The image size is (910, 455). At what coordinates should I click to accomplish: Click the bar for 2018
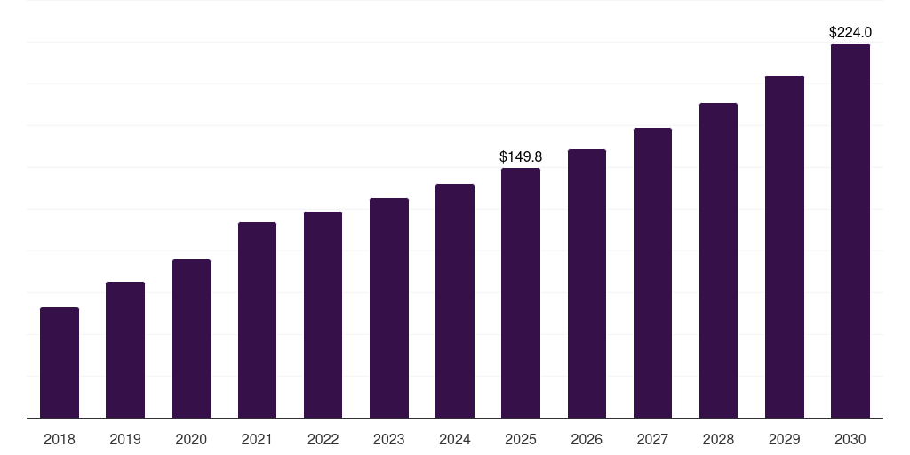click(60, 363)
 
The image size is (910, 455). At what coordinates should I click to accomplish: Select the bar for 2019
click(125, 350)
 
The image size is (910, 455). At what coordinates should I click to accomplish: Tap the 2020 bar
click(192, 339)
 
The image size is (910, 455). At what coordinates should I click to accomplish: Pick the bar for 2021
click(257, 320)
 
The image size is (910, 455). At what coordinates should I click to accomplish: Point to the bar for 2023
click(389, 308)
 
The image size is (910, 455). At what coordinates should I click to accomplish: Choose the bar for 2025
click(521, 293)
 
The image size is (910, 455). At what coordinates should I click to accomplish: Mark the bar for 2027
click(652, 273)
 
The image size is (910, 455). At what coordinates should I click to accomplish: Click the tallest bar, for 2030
click(850, 231)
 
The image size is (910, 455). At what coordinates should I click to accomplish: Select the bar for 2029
click(785, 247)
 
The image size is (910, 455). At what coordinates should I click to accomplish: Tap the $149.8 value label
click(521, 156)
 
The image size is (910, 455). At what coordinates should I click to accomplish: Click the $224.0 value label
click(850, 33)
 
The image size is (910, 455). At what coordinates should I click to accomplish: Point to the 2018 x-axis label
click(60, 439)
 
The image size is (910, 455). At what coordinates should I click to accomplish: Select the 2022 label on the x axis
click(323, 439)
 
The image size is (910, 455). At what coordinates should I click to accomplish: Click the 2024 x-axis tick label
click(454, 439)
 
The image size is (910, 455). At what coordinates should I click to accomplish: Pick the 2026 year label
click(587, 439)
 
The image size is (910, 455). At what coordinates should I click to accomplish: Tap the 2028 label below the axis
click(718, 439)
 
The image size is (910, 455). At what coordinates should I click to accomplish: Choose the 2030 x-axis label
click(850, 439)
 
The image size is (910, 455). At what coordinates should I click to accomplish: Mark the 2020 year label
click(191, 439)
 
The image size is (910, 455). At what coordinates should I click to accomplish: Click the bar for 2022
click(323, 315)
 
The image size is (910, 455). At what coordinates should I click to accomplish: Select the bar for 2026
click(587, 283)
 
